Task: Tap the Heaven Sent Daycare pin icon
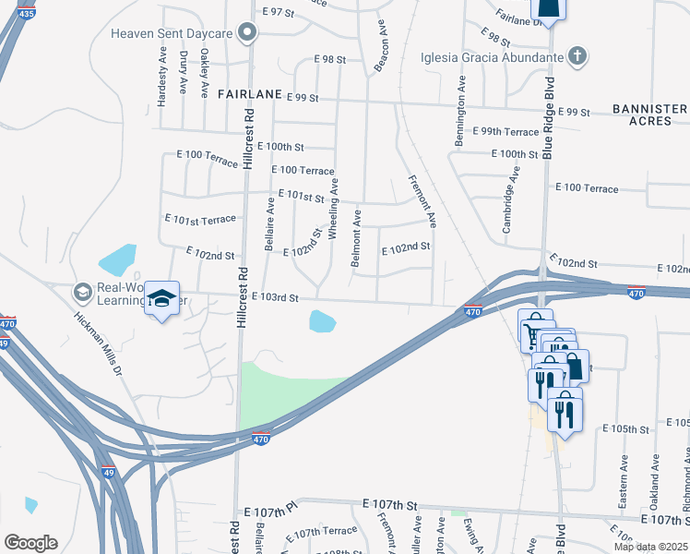click(246, 34)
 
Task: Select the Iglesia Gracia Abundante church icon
click(577, 57)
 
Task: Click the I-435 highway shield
click(26, 14)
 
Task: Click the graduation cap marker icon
click(162, 299)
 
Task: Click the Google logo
click(30, 542)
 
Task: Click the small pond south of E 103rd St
click(322, 322)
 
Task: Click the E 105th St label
click(627, 429)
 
